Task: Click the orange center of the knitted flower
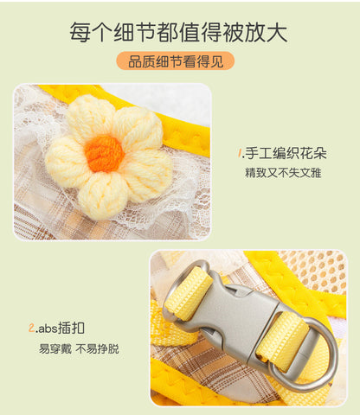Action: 105,154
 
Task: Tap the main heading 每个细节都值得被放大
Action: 178,32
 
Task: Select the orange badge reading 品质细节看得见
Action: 176,61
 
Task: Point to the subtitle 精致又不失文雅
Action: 283,173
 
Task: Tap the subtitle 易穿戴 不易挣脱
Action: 79,348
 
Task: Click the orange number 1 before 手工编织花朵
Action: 240,153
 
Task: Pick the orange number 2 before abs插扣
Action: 32,328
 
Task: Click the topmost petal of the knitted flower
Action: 91,115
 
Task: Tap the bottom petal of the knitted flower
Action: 103,195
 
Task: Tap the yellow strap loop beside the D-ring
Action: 282,340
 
